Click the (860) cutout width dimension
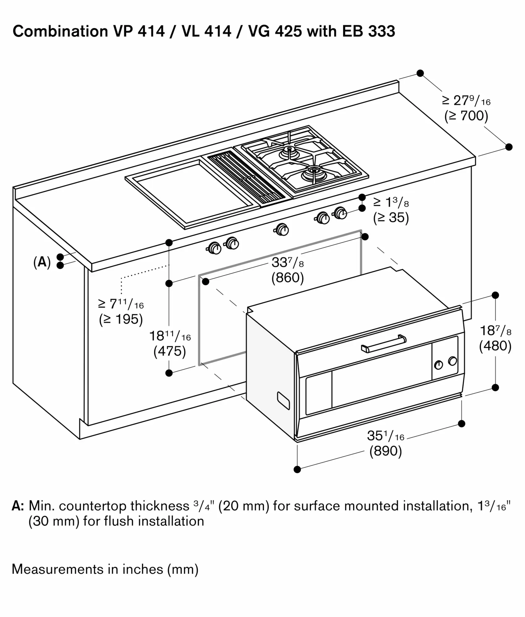[x=288, y=278]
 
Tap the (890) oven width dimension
[x=385, y=451]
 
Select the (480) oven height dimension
[x=495, y=346]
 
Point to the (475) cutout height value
[x=170, y=351]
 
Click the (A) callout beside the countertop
[x=42, y=262]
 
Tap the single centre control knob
[x=282, y=230]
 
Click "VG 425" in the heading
[x=275, y=31]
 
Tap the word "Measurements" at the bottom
[x=57, y=569]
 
